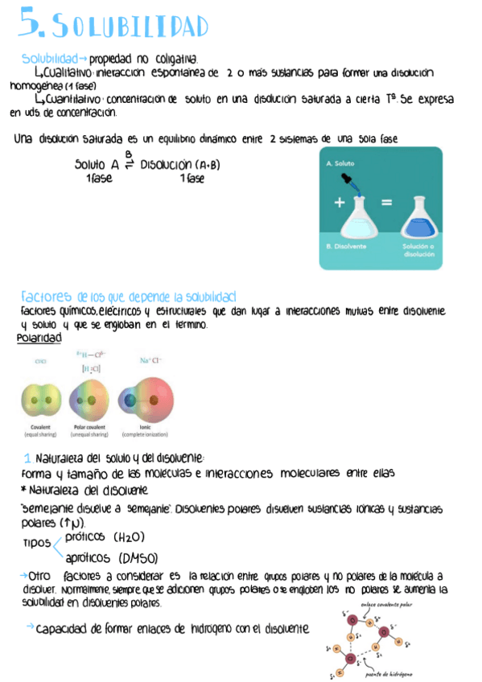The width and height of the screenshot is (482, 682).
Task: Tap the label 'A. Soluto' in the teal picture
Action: (341, 162)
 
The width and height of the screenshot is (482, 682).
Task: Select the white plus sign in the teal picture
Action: (339, 203)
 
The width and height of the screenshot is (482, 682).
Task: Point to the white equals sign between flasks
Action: (386, 203)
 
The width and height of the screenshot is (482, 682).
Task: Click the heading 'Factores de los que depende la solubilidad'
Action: (129, 297)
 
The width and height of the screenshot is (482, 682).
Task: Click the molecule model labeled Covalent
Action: (41, 398)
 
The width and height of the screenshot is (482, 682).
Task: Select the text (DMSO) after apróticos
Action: (138, 557)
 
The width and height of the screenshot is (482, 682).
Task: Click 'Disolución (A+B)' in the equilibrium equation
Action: (179, 164)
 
